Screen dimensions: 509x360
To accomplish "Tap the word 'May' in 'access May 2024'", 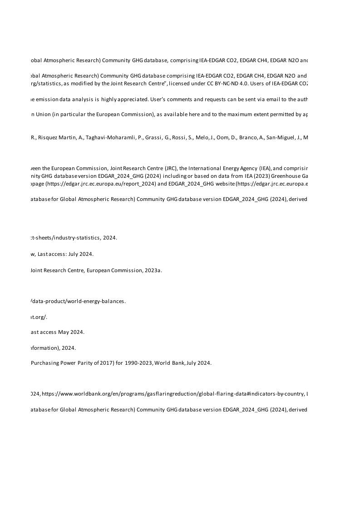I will click(63, 332).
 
